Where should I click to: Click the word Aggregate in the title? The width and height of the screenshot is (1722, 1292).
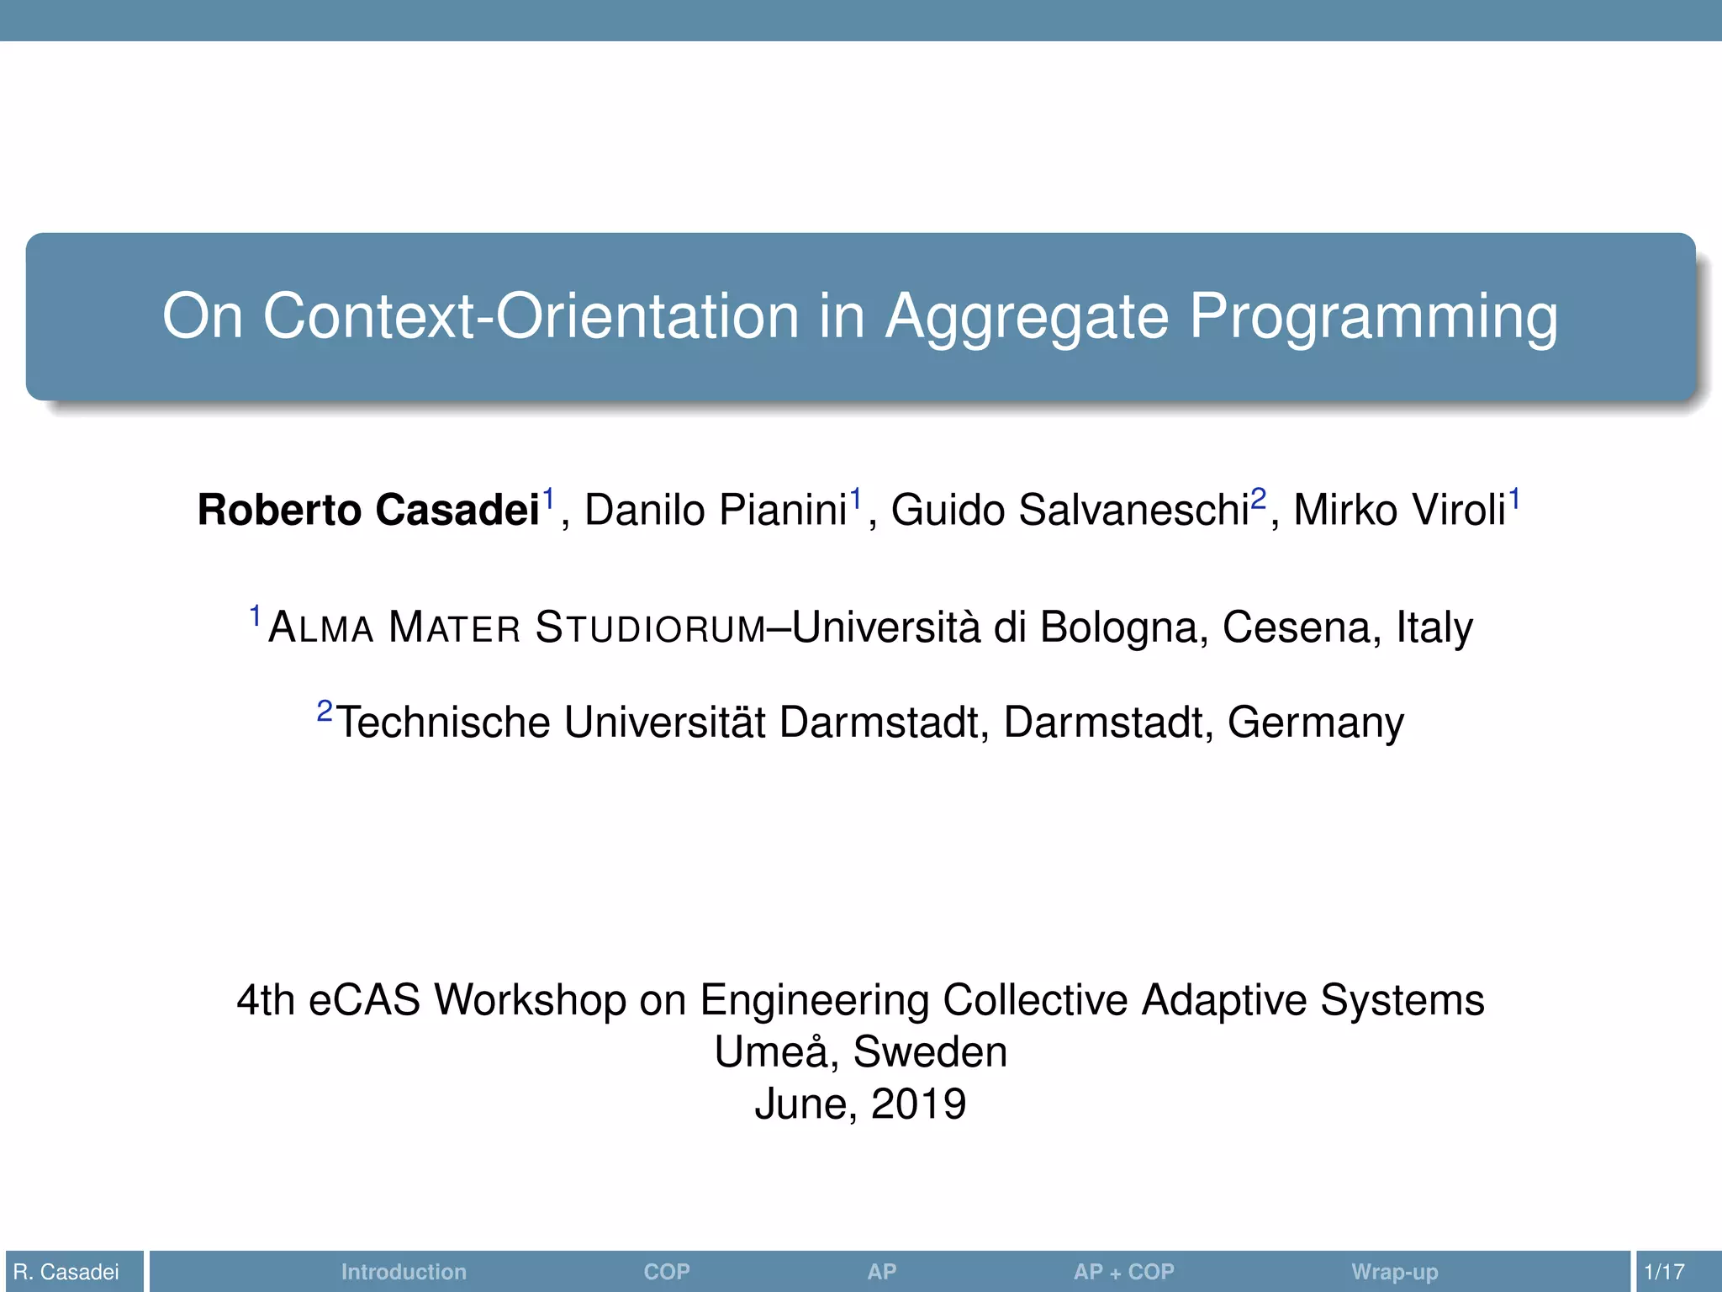tap(1027, 317)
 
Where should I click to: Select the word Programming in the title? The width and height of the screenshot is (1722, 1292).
tap(1373, 317)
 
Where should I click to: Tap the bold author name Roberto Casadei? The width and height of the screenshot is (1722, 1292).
tap(368, 511)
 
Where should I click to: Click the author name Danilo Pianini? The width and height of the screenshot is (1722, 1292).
tap(715, 511)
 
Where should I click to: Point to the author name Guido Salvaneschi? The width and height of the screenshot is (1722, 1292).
tap(1070, 511)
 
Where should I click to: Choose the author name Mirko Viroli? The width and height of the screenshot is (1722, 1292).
tap(1398, 511)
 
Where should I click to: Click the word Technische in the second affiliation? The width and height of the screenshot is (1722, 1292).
tap(443, 723)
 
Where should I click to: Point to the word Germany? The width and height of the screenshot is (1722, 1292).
tap(1315, 723)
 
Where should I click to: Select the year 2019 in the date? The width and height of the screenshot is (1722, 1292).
tap(918, 1104)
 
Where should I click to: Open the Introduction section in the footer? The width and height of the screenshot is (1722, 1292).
tap(404, 1272)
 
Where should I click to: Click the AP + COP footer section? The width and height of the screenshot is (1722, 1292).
tap(1123, 1272)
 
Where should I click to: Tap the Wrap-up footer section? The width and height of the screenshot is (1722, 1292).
tap(1394, 1272)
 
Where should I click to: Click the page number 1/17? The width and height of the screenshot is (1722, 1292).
tap(1664, 1272)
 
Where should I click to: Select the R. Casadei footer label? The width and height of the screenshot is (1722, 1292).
tap(66, 1272)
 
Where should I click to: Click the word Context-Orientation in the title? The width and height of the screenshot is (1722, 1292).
tap(531, 317)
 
